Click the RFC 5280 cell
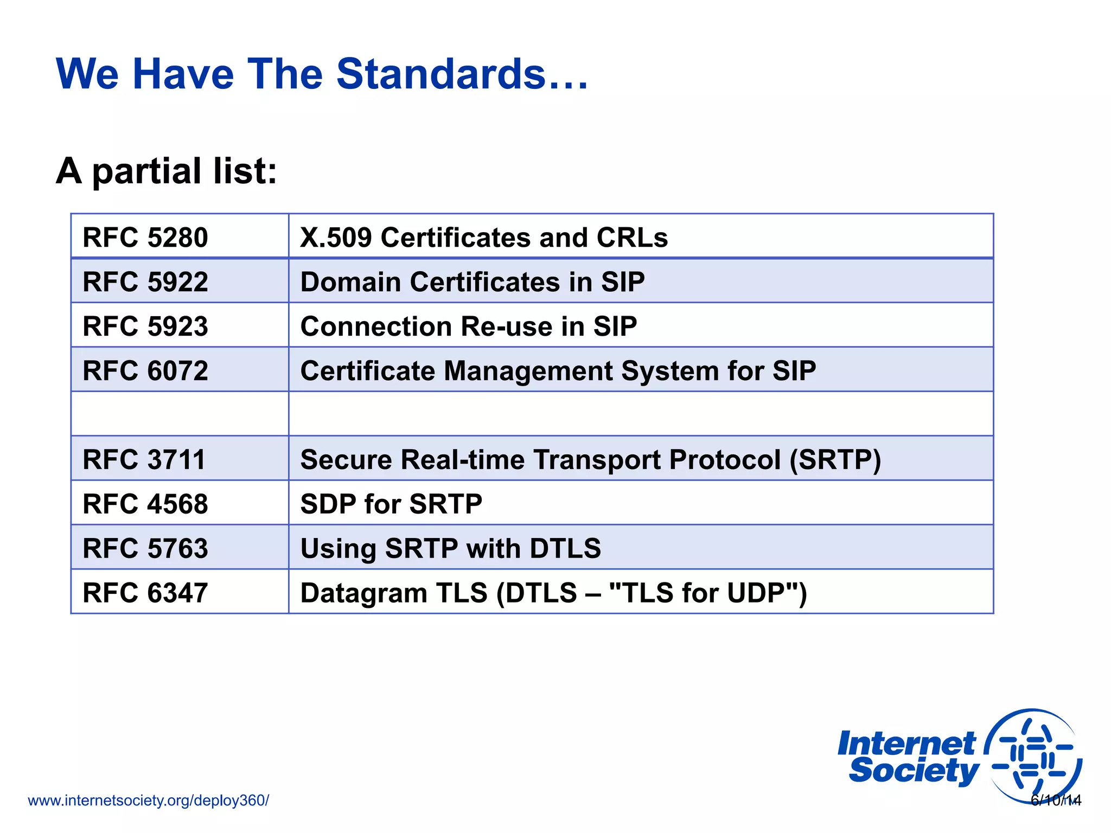pos(145,238)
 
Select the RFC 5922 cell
pos(145,282)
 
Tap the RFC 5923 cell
pos(145,326)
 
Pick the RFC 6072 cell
pos(145,371)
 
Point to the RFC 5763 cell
pos(145,548)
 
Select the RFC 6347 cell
pos(145,593)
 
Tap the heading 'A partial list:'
pos(167,171)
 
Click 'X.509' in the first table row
pos(336,238)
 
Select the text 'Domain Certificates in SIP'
pos(473,282)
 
